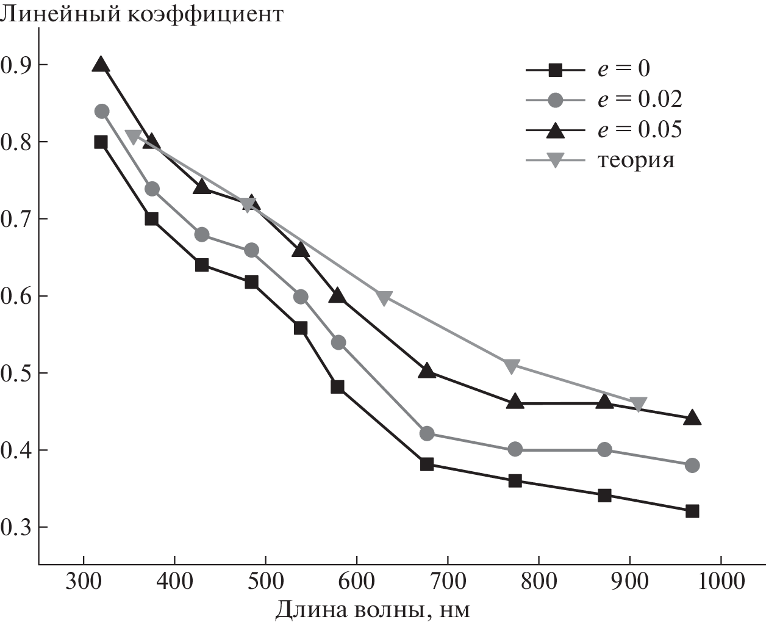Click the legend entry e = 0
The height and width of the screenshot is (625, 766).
tap(622, 68)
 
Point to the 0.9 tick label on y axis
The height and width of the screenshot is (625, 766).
tap(16, 65)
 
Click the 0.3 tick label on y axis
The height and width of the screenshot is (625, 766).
tap(16, 527)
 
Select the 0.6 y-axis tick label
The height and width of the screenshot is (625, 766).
tap(16, 296)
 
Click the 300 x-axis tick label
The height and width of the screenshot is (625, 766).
tap(84, 581)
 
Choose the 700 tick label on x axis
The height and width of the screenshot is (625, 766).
tap(448, 581)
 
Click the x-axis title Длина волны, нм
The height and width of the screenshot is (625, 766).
tap(373, 609)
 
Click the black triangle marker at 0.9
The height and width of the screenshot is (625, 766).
tap(101, 64)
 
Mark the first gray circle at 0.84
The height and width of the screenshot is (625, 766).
tap(102, 111)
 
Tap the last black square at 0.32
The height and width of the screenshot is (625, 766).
tap(692, 511)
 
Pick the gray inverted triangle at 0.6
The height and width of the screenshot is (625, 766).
tap(384, 297)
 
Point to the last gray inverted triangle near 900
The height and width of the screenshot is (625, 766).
tap(638, 405)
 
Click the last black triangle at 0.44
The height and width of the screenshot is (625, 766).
tap(692, 418)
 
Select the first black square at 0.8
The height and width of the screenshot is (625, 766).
tap(101, 142)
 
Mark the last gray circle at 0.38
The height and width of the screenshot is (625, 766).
tap(692, 465)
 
